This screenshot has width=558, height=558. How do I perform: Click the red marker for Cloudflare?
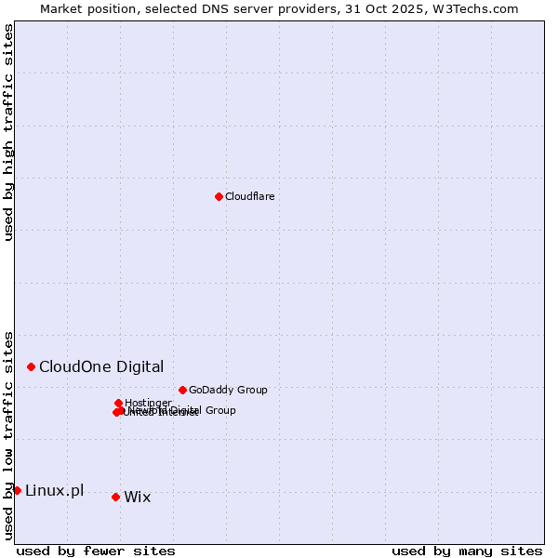219,196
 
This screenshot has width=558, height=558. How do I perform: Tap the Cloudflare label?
249,196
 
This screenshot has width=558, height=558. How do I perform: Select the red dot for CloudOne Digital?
31,366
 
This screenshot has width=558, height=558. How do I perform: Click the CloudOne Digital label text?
100,366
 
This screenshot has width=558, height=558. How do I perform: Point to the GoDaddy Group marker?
182,390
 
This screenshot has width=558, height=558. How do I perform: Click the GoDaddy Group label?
227,390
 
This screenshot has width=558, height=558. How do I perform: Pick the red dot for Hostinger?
118,403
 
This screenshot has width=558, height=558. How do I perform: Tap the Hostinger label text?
148,403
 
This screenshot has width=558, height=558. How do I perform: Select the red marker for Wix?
115,497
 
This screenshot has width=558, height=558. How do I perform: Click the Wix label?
137,497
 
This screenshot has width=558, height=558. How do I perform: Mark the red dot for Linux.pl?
17,490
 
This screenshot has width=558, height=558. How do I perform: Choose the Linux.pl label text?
54,490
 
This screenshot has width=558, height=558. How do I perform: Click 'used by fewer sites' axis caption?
96,551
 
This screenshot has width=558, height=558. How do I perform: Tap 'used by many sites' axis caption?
467,551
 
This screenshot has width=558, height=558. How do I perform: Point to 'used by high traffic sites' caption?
9,133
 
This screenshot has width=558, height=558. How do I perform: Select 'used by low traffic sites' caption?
9,434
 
